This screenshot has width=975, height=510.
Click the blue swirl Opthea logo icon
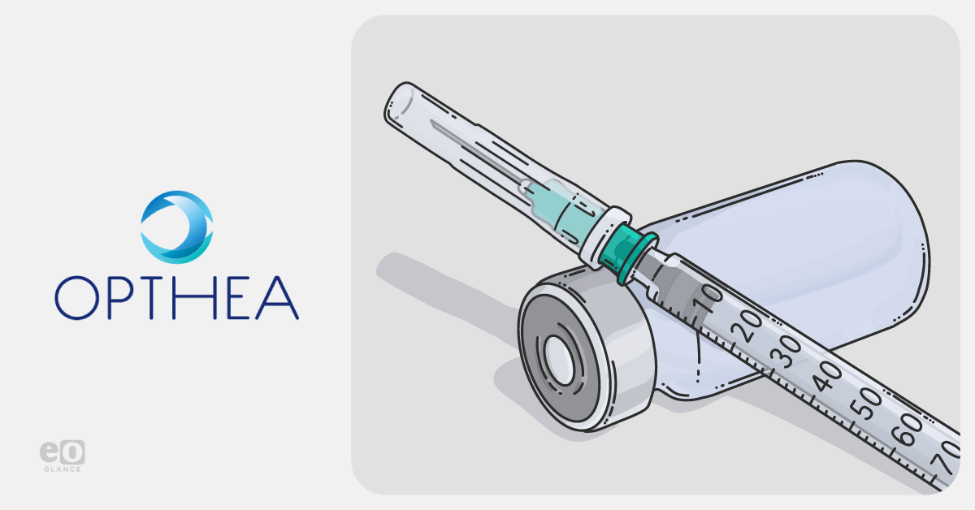pos(177,227)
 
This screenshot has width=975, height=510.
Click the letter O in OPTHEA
pos(77,298)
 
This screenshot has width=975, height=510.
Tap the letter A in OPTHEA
pos(277,298)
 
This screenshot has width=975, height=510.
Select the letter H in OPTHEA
pos(194,298)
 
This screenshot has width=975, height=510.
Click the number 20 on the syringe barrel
pos(747,326)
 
